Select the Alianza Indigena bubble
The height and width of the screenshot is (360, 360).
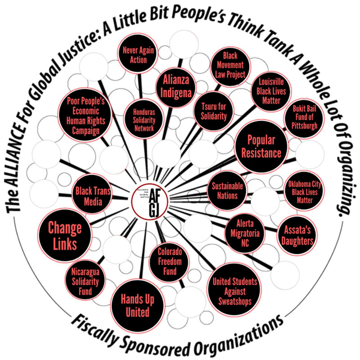[172, 85]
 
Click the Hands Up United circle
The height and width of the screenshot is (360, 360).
[135, 304]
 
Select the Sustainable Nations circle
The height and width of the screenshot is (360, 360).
[227, 191]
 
